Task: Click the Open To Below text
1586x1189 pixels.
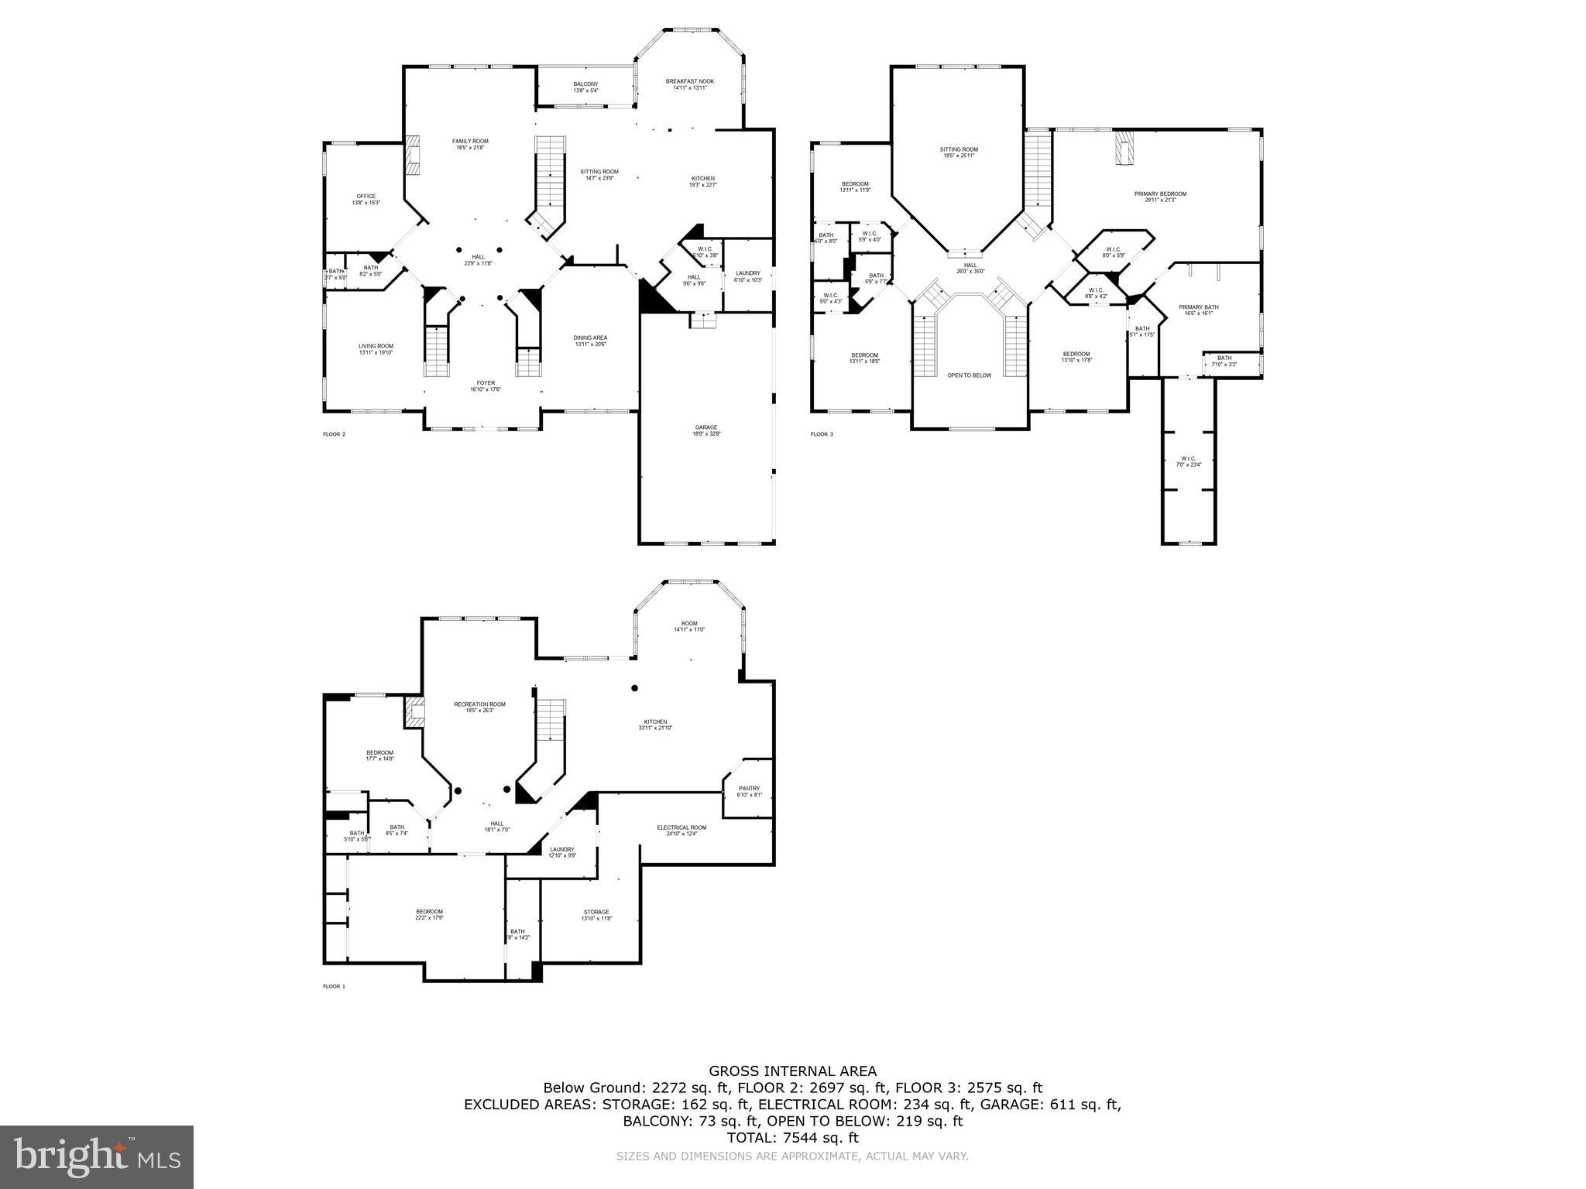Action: pos(969,375)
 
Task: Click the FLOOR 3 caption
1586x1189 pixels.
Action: pos(822,434)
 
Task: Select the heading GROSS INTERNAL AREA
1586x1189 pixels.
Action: pos(793,1071)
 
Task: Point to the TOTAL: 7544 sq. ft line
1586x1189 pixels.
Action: pos(793,1138)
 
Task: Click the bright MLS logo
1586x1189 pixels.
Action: pos(97,1157)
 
